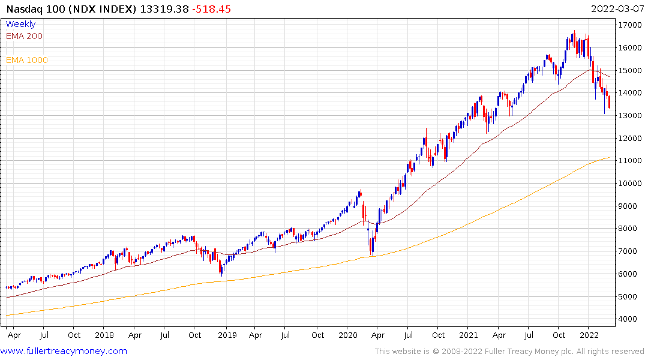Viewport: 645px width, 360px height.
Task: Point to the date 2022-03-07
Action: point(616,9)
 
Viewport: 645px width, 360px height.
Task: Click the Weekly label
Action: point(20,24)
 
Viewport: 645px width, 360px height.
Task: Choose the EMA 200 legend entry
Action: point(24,36)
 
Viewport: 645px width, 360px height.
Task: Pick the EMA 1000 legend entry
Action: point(27,60)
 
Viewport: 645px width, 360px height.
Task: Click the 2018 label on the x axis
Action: point(104,335)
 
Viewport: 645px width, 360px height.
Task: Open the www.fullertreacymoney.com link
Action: point(64,351)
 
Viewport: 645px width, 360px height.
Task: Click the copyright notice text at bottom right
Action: point(509,352)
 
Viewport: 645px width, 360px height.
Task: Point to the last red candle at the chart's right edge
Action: point(610,102)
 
